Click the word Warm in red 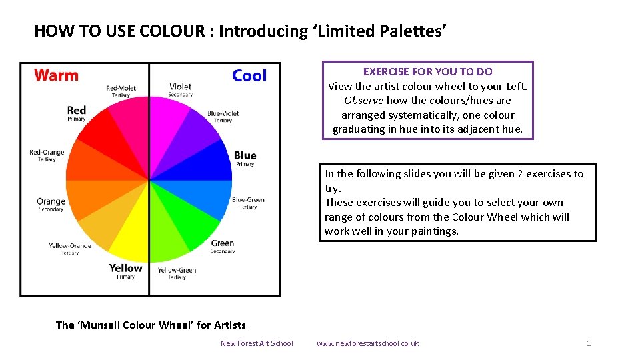point(56,75)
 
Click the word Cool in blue point(249,76)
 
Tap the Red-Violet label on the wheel point(121,91)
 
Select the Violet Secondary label point(180,89)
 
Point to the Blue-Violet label point(223,116)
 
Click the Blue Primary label point(245,159)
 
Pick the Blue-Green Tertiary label point(248,203)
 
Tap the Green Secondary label point(223,247)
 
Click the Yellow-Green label point(177,273)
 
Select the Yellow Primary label point(126,271)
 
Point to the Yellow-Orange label point(70,249)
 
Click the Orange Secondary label point(51,204)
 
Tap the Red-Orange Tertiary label point(47,155)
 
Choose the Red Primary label point(77,113)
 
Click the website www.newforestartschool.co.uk point(367,343)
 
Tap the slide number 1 point(589,343)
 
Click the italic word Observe point(363,101)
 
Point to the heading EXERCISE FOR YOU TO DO point(427,71)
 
